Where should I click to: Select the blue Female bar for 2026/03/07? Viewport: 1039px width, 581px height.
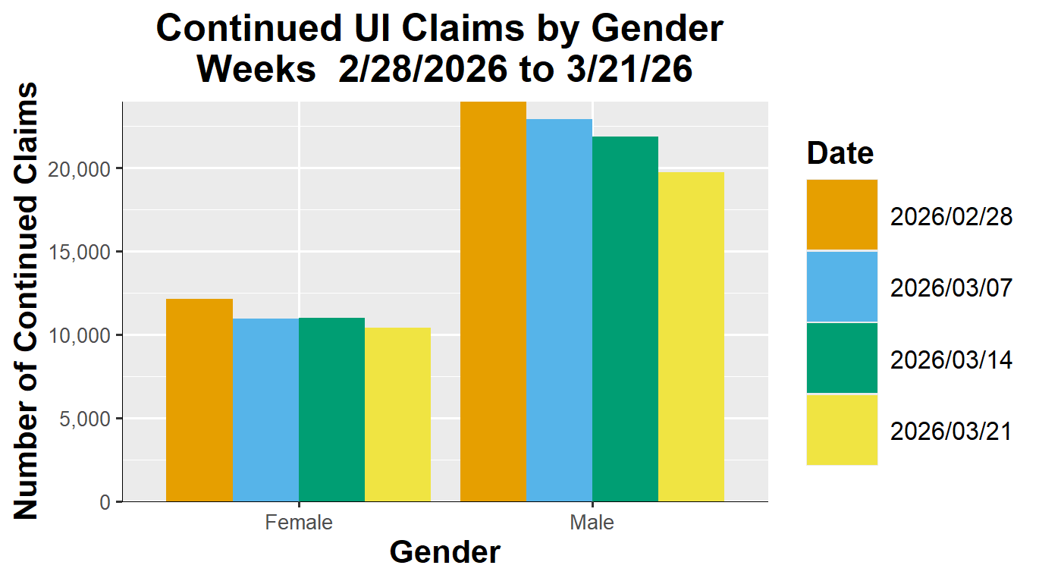pos(265,410)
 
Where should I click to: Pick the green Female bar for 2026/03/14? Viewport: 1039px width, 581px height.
pos(331,410)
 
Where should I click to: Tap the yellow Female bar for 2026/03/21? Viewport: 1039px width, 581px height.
pos(397,414)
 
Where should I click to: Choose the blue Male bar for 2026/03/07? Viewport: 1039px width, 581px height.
pos(559,310)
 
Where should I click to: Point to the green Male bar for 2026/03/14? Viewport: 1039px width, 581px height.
pos(625,319)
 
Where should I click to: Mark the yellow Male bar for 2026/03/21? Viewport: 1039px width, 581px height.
pos(691,337)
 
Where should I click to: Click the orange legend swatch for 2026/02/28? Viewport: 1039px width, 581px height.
pos(842,215)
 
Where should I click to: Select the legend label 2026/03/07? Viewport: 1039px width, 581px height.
pos(951,288)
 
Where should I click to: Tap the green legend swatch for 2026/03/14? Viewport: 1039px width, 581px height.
pos(842,358)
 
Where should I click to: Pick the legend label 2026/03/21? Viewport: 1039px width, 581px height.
pos(951,432)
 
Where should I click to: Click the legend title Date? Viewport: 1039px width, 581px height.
pos(840,153)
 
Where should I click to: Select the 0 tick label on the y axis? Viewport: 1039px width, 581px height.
pos(105,502)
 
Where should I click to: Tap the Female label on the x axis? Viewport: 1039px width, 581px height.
pos(298,523)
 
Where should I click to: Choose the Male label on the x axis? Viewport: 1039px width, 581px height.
pos(592,523)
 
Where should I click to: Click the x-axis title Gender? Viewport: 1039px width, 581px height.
pos(445,552)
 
